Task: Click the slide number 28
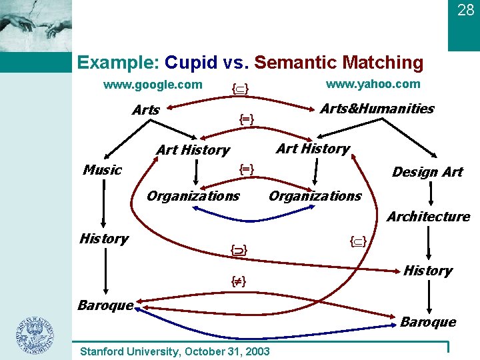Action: pos(465,10)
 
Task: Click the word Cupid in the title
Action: pos(191,63)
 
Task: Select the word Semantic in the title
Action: pos(295,63)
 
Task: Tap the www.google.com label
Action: pos(153,85)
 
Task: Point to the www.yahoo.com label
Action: pos(373,83)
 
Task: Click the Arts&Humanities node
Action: pos(377,109)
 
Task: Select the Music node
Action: pos(102,170)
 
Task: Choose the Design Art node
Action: pos(427,172)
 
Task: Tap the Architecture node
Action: pos(429,217)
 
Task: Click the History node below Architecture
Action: pos(428,271)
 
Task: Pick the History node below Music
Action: pos(103,239)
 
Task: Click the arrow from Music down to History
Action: pos(104,203)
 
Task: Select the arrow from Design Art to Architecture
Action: pos(432,194)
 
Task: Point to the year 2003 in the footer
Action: pos(257,351)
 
